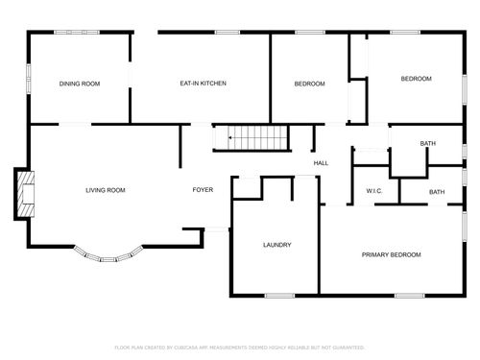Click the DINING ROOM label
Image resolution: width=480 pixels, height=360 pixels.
(x=79, y=84)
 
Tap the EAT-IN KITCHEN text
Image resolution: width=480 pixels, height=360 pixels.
(x=203, y=84)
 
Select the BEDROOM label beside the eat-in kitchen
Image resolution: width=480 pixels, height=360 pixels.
(x=309, y=84)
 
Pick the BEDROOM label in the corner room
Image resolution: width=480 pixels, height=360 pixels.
(x=416, y=78)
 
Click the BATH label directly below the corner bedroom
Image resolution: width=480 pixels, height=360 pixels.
(x=427, y=144)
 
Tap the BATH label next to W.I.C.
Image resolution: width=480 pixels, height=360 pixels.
(x=437, y=192)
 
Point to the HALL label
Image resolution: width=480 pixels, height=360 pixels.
(x=321, y=162)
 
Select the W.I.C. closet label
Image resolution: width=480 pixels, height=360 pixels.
(x=374, y=191)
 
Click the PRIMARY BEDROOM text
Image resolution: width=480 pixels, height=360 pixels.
(x=391, y=254)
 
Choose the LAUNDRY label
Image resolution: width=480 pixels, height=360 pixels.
(x=276, y=245)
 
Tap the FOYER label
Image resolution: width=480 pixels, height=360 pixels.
(x=203, y=190)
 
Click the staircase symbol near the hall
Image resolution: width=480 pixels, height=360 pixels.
(x=250, y=138)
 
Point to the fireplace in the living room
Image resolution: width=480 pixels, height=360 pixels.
(x=23, y=195)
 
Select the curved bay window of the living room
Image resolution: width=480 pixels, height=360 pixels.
(x=108, y=255)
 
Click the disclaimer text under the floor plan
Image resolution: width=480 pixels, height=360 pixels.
(x=240, y=347)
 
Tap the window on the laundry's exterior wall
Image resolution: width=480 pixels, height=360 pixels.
(x=279, y=295)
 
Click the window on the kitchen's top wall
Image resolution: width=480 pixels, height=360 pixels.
(x=228, y=32)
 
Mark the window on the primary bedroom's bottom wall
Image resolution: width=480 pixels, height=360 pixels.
(x=409, y=295)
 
